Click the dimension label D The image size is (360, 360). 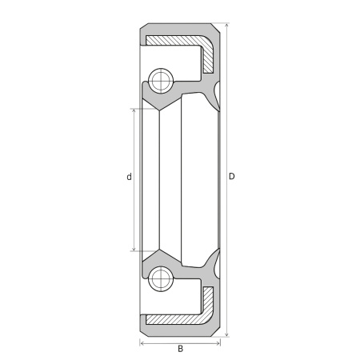232,176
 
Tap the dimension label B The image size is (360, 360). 181,349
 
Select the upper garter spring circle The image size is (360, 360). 161,81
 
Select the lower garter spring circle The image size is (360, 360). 161,279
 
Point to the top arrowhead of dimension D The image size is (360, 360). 226,26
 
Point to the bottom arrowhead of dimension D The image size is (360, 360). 226,334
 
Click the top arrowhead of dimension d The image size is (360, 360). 134,111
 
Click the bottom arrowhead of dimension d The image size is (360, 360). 134,248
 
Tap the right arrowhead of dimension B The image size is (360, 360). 218,343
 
